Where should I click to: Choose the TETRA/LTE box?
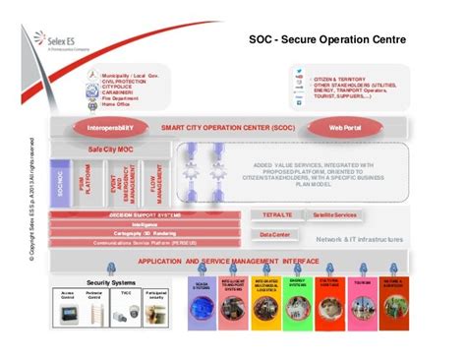coord(276,213)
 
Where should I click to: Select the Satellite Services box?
coord(331,213)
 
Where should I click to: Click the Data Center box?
coord(274,234)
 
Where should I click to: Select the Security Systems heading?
coord(110,281)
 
